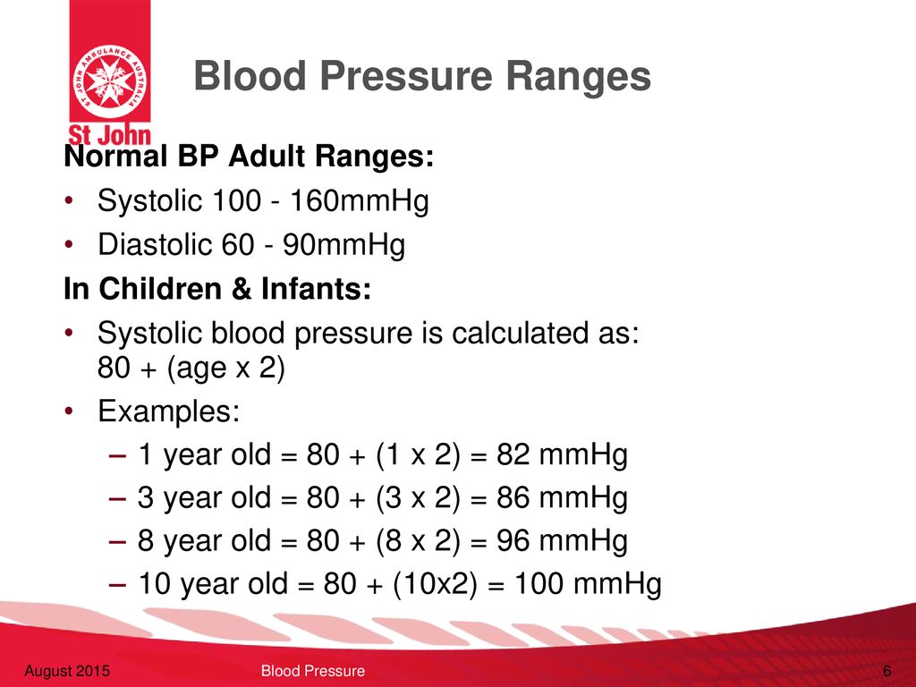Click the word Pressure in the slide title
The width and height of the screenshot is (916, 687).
(x=405, y=77)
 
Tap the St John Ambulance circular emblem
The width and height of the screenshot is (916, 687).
(x=110, y=80)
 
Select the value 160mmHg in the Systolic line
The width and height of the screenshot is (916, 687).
(x=360, y=201)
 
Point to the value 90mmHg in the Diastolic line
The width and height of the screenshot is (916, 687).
(x=343, y=245)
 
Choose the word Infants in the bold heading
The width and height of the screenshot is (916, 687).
(x=316, y=289)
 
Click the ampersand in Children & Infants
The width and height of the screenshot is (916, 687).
(x=242, y=289)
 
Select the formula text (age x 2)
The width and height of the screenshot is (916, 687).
(x=225, y=369)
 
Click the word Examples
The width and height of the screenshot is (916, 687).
(x=169, y=411)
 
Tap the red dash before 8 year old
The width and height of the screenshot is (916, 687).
(x=117, y=542)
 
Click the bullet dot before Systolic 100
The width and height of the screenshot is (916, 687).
(x=69, y=201)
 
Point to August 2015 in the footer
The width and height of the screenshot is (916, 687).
(x=66, y=671)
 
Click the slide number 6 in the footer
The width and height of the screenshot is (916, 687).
(x=887, y=671)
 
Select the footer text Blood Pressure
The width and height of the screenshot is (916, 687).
(x=312, y=671)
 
